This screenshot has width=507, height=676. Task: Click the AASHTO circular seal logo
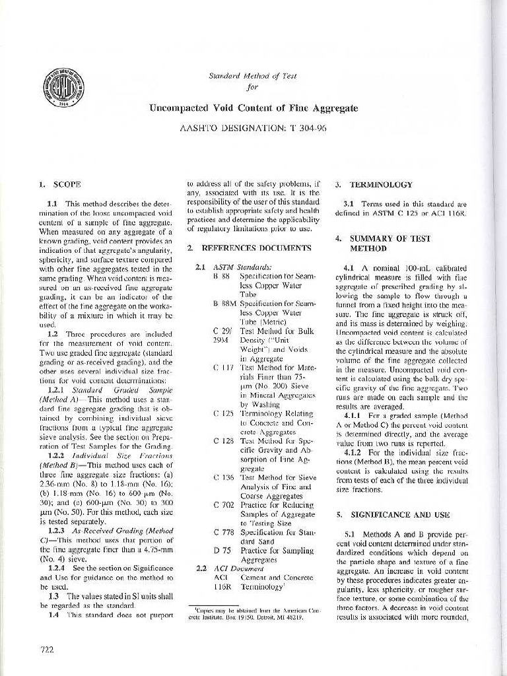click(64, 88)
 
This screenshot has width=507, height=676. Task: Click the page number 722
click(47, 650)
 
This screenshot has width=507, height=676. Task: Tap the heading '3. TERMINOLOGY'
click(373, 185)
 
